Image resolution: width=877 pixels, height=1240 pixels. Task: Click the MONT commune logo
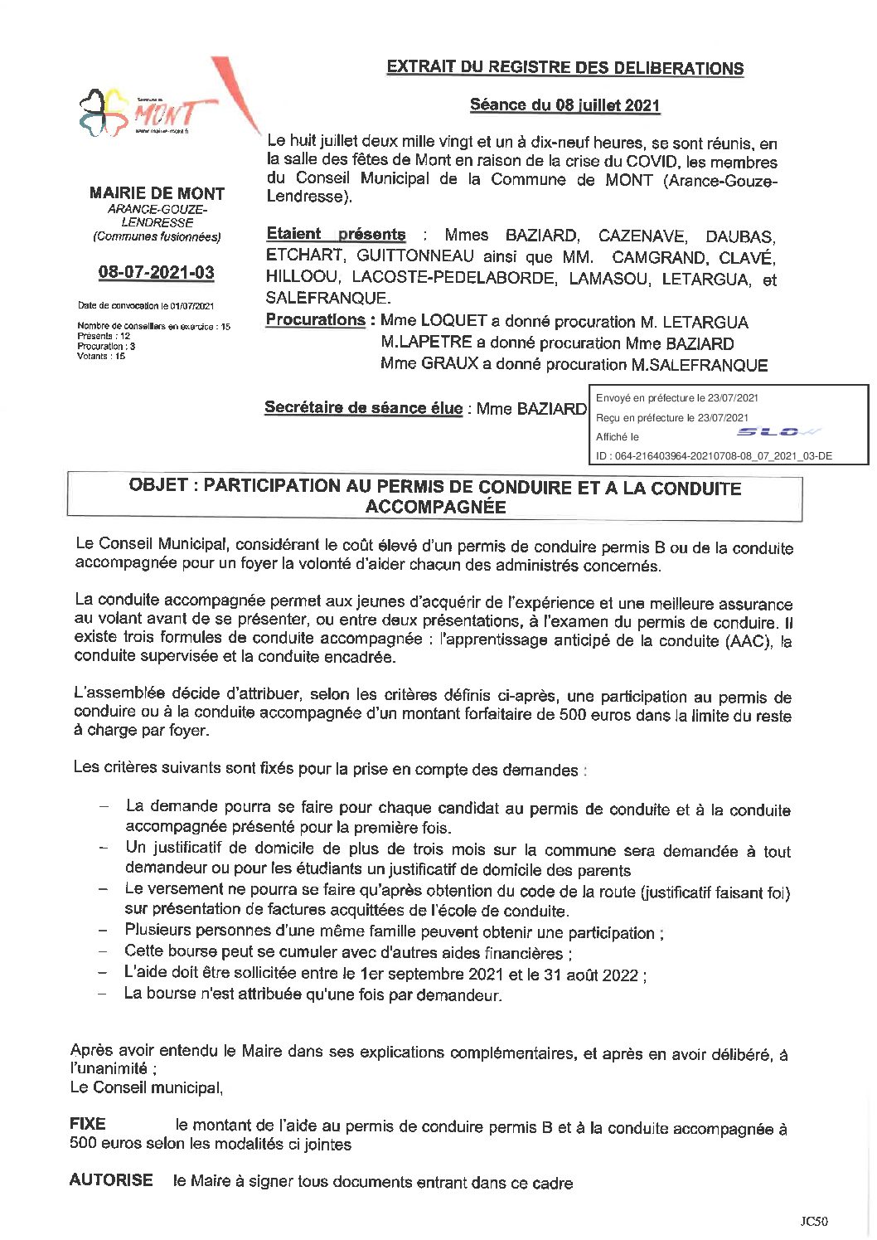pyautogui.click(x=145, y=113)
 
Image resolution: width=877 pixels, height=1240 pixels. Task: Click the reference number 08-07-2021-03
pyautogui.click(x=156, y=272)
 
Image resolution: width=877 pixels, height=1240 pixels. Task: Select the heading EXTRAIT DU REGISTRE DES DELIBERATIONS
pyautogui.click(x=564, y=68)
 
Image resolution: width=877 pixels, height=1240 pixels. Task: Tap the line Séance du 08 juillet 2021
pyautogui.click(x=564, y=105)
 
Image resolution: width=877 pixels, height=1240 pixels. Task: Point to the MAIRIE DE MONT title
pyautogui.click(x=157, y=193)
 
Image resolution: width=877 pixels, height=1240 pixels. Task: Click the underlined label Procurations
pyautogui.click(x=316, y=320)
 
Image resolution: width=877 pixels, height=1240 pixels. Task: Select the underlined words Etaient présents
pyautogui.click(x=336, y=235)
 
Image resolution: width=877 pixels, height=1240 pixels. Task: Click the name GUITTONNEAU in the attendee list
pyautogui.click(x=415, y=256)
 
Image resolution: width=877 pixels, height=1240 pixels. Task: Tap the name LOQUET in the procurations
pyautogui.click(x=453, y=321)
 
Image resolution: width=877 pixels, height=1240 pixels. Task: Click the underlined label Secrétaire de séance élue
pyautogui.click(x=363, y=407)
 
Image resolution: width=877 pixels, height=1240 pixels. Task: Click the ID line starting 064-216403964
pyautogui.click(x=714, y=455)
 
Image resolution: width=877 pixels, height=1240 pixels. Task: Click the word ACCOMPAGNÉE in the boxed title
pyautogui.click(x=435, y=507)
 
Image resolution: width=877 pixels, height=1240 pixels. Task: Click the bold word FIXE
pyautogui.click(x=88, y=1124)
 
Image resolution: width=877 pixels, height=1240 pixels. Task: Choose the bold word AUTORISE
pyautogui.click(x=111, y=1179)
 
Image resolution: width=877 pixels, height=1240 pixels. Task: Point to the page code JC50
pyautogui.click(x=814, y=1221)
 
